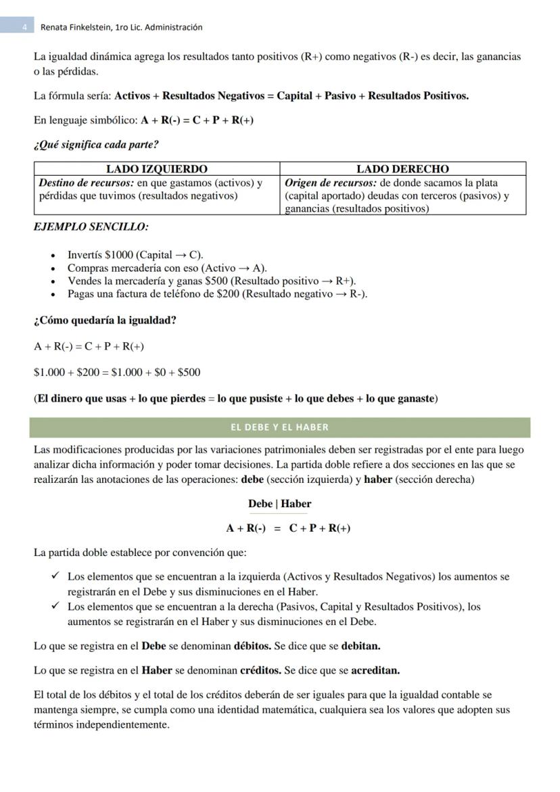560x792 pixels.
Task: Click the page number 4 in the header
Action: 24,28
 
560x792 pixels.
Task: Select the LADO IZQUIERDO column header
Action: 157,169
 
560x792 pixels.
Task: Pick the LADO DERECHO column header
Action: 402,169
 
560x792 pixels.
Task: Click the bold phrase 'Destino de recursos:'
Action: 86,183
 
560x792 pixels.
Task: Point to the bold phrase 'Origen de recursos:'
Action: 330,183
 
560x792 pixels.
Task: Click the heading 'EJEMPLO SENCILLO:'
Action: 91,227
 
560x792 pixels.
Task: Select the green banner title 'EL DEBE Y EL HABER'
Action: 279,427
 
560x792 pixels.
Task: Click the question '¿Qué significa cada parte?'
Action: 96,145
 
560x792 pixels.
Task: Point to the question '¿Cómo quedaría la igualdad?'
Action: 105,320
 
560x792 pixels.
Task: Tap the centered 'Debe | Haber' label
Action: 279,504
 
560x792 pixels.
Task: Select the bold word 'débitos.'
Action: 252,646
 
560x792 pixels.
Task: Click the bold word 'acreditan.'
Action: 371,671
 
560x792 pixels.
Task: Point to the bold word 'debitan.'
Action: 360,646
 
